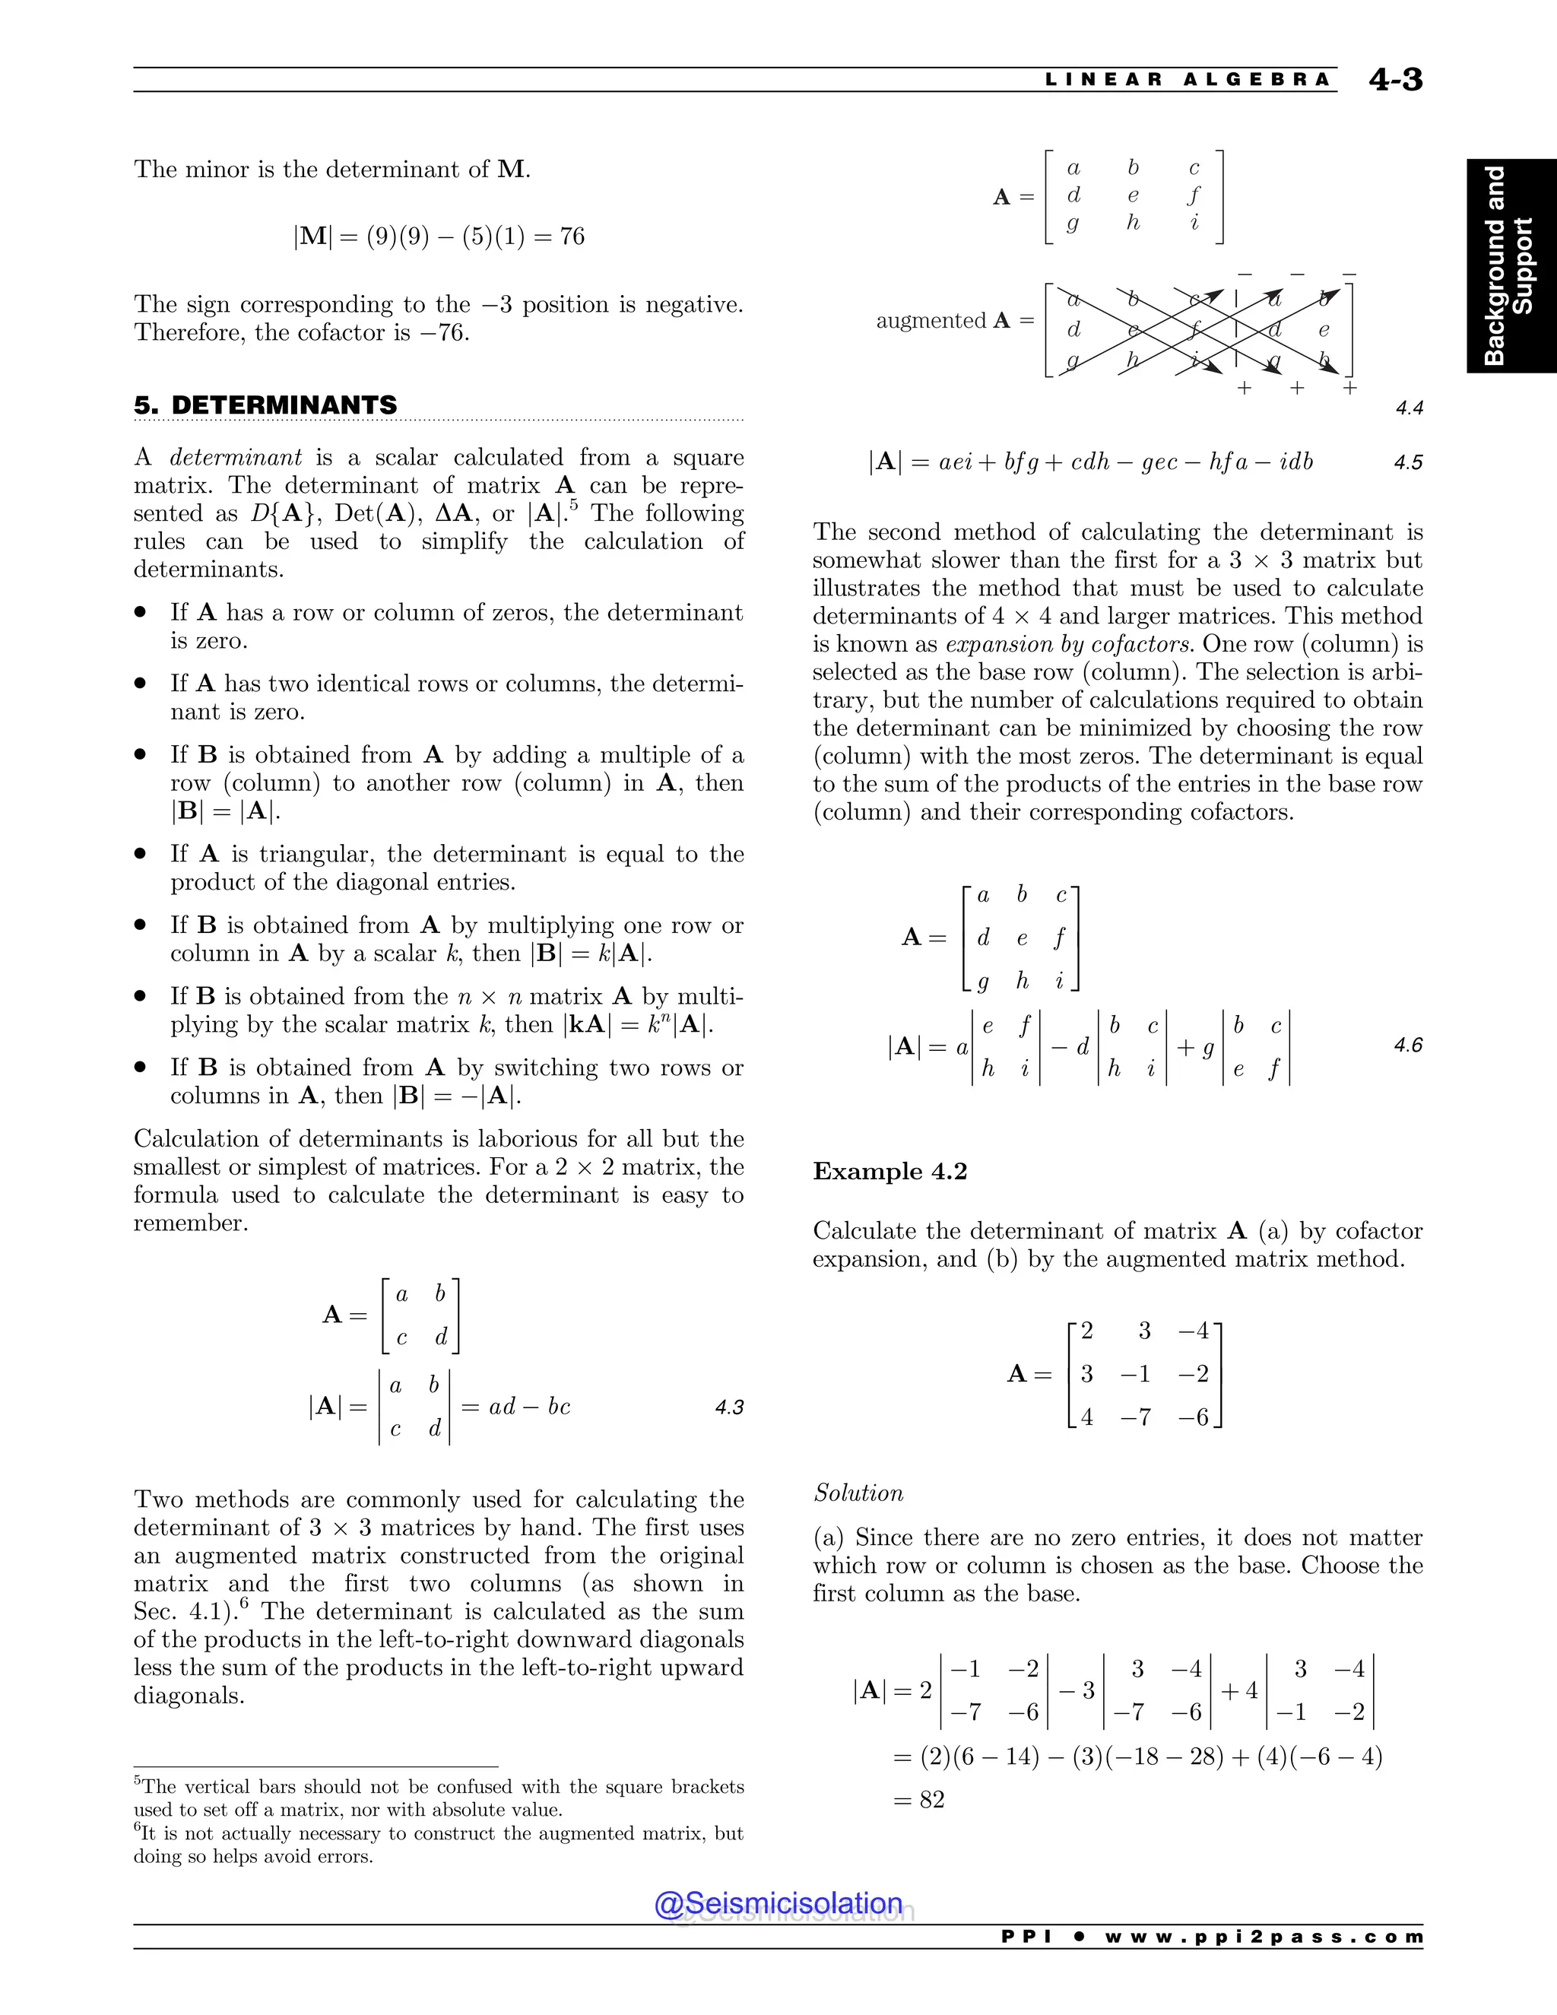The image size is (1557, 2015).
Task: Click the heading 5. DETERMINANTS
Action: tap(265, 405)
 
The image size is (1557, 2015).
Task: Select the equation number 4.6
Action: tap(1407, 1046)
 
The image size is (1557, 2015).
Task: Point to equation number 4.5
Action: tap(1407, 462)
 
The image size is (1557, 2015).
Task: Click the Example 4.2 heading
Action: tap(889, 1172)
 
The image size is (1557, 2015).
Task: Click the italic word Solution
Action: tap(858, 1493)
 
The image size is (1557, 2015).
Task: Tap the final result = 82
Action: tap(920, 1799)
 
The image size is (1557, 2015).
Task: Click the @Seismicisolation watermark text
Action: tap(778, 1903)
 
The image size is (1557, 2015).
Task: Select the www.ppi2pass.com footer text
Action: tap(1264, 1937)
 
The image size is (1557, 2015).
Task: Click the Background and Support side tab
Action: tap(1510, 265)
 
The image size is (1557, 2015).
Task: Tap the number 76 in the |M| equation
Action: tap(572, 236)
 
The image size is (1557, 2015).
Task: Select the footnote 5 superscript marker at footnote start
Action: tap(138, 1781)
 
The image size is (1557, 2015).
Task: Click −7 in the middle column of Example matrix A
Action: tap(1137, 1417)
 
